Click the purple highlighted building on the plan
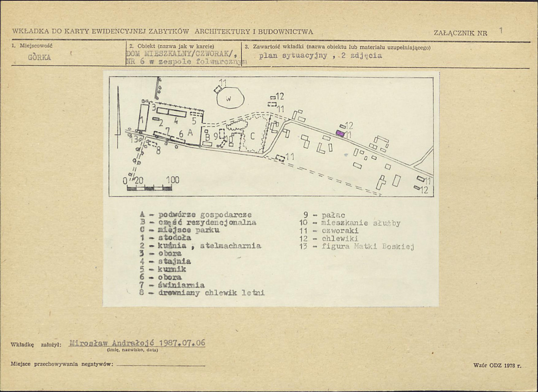(341, 133)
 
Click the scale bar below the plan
(149, 188)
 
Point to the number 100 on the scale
(173, 180)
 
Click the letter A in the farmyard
(190, 133)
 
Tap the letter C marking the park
(252, 137)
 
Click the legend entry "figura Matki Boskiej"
(367, 246)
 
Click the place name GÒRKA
(39, 57)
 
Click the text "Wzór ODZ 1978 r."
(497, 366)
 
